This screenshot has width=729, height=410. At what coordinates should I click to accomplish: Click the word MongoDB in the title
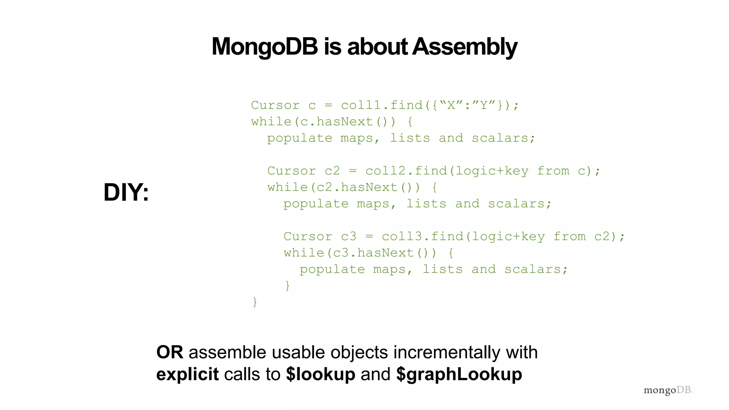point(264,47)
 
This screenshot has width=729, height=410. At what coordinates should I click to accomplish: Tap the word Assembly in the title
point(465,47)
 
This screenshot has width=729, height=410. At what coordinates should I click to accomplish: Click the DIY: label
point(126,192)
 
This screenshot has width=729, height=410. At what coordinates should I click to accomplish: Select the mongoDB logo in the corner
point(668,390)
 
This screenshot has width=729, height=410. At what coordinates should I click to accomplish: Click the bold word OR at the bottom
point(170,352)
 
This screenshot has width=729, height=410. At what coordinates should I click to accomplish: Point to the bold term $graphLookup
point(459,374)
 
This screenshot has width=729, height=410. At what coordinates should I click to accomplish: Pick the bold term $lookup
point(320,374)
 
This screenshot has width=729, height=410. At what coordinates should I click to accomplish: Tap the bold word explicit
point(187,374)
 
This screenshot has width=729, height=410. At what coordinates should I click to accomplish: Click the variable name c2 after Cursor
point(332,171)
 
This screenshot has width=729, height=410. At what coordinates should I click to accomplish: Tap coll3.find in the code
point(423,236)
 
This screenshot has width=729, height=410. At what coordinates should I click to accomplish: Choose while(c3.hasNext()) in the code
point(360,253)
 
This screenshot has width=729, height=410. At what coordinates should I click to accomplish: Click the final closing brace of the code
point(255,302)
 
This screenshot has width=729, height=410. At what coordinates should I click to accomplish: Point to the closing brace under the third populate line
point(287,285)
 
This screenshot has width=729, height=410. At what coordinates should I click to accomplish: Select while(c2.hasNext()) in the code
point(343,187)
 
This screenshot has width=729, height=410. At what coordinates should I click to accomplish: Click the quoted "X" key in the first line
point(451,105)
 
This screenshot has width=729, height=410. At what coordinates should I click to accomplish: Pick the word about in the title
point(377,47)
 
